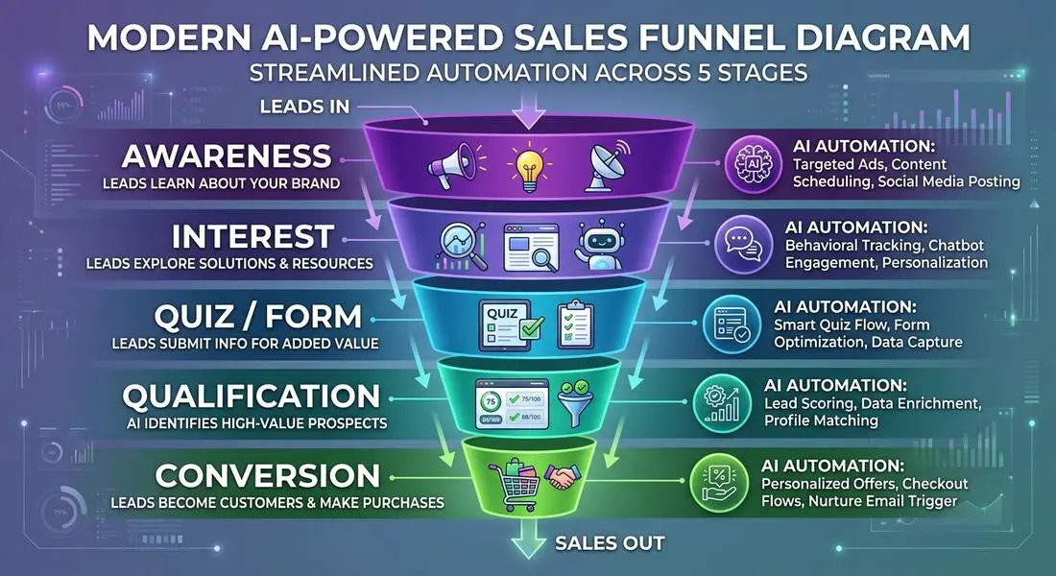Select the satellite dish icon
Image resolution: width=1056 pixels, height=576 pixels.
coord(607,164)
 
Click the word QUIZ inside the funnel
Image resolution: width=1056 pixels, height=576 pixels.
coord(502,313)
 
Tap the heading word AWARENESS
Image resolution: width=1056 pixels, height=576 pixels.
coord(227,156)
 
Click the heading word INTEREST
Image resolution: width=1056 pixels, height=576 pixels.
coord(252,237)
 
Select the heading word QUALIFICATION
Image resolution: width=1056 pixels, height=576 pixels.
coord(252,396)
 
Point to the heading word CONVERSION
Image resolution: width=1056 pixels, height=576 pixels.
coord(268,476)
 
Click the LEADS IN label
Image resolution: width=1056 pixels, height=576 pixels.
coord(305,107)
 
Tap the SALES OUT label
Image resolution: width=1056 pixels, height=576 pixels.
coord(611,543)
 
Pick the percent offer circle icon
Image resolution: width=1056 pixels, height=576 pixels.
coord(719,482)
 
